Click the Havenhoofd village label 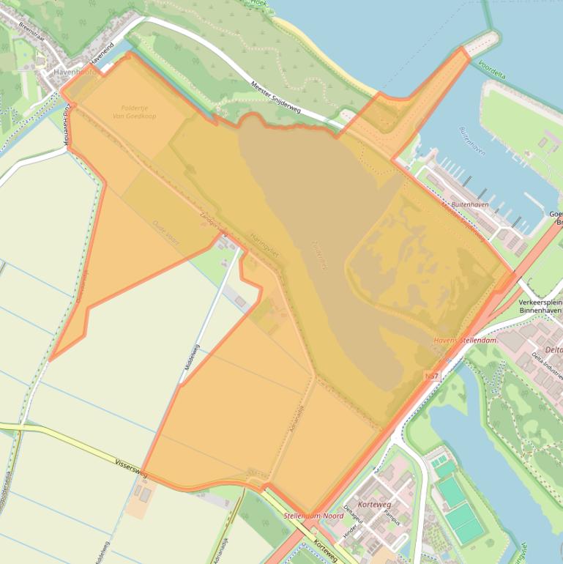(74, 73)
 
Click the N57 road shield (432, 375)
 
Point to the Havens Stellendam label (466, 341)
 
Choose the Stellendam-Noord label (313, 516)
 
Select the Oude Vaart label (165, 229)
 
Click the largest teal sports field (463, 520)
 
